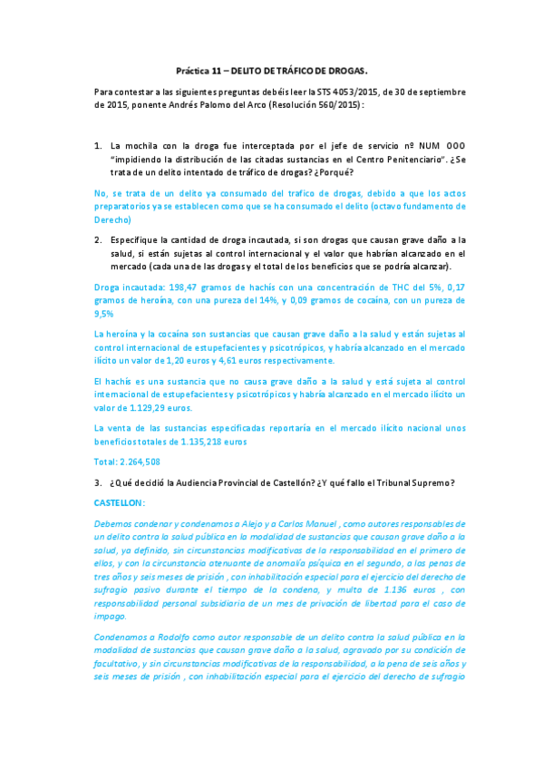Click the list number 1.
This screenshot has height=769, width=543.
click(99, 145)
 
